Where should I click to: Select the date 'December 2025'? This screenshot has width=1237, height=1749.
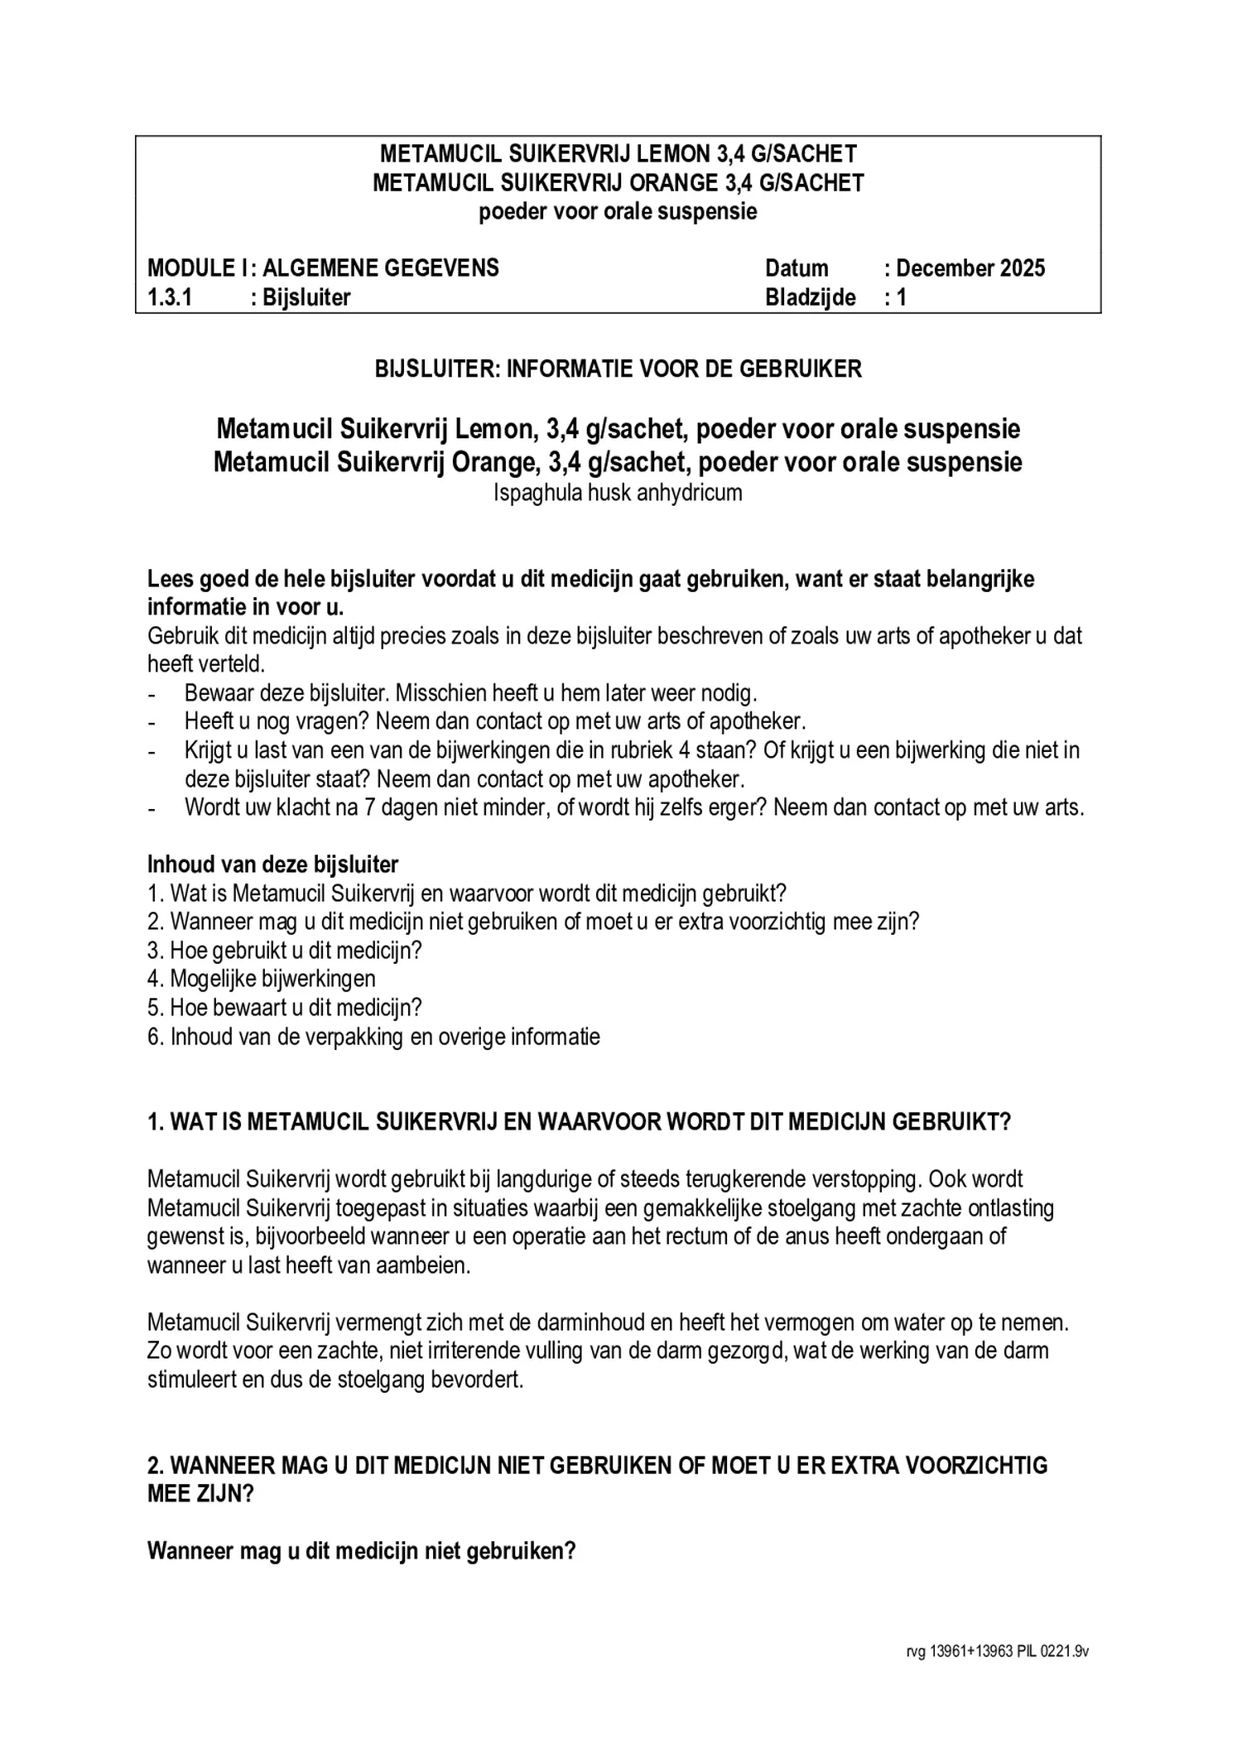click(970, 268)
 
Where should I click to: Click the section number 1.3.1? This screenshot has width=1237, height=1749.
click(170, 297)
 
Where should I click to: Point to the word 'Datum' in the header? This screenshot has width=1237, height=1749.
click(797, 268)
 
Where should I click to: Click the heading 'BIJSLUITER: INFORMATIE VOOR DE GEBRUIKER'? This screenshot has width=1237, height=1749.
click(618, 369)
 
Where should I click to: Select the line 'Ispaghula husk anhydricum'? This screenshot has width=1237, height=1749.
click(618, 494)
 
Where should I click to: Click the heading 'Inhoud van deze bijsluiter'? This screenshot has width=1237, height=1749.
click(272, 865)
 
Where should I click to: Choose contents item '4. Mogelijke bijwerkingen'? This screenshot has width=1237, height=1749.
click(262, 979)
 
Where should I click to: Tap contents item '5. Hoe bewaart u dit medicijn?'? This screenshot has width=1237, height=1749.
click(285, 1008)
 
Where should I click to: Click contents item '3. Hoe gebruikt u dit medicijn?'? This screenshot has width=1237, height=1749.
click(285, 951)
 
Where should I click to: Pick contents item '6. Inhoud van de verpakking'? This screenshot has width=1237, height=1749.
click(373, 1037)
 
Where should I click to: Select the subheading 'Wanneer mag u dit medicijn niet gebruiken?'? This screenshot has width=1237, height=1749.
click(361, 1551)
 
